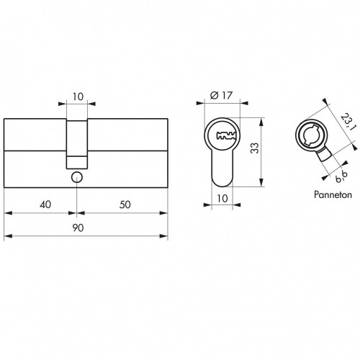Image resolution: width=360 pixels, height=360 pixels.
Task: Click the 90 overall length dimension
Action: (x=78, y=228)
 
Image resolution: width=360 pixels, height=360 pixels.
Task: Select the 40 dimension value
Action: (x=45, y=204)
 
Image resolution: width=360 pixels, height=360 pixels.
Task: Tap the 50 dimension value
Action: (x=125, y=204)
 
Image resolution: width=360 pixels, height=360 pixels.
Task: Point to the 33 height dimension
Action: (x=255, y=148)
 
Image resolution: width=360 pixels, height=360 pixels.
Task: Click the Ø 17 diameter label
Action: (x=221, y=96)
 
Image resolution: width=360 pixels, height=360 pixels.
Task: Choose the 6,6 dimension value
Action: (x=342, y=177)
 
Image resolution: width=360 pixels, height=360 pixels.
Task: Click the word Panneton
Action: (x=333, y=194)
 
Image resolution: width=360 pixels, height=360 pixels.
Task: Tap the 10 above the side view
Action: (x=78, y=96)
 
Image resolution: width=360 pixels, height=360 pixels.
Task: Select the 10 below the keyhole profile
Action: (x=222, y=199)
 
